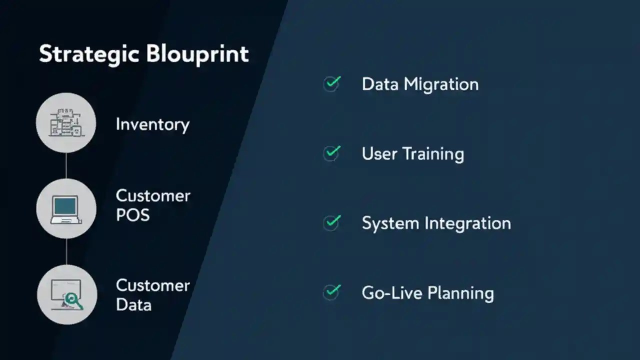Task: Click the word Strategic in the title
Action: tap(88, 54)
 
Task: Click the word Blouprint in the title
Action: tap(196, 54)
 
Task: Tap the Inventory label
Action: tap(152, 124)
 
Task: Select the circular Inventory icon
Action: tap(66, 122)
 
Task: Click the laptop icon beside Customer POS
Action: tap(66, 209)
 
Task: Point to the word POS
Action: tap(132, 215)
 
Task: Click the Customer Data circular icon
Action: tap(66, 295)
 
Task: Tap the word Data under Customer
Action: tap(133, 305)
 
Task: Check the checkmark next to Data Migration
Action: tap(332, 83)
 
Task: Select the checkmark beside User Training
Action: tap(332, 152)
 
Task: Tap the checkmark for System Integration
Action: tap(332, 222)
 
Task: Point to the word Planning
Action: tap(461, 293)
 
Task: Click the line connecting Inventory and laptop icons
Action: tap(66, 165)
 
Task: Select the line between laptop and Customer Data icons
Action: tap(66, 252)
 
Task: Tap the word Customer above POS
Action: tap(153, 195)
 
